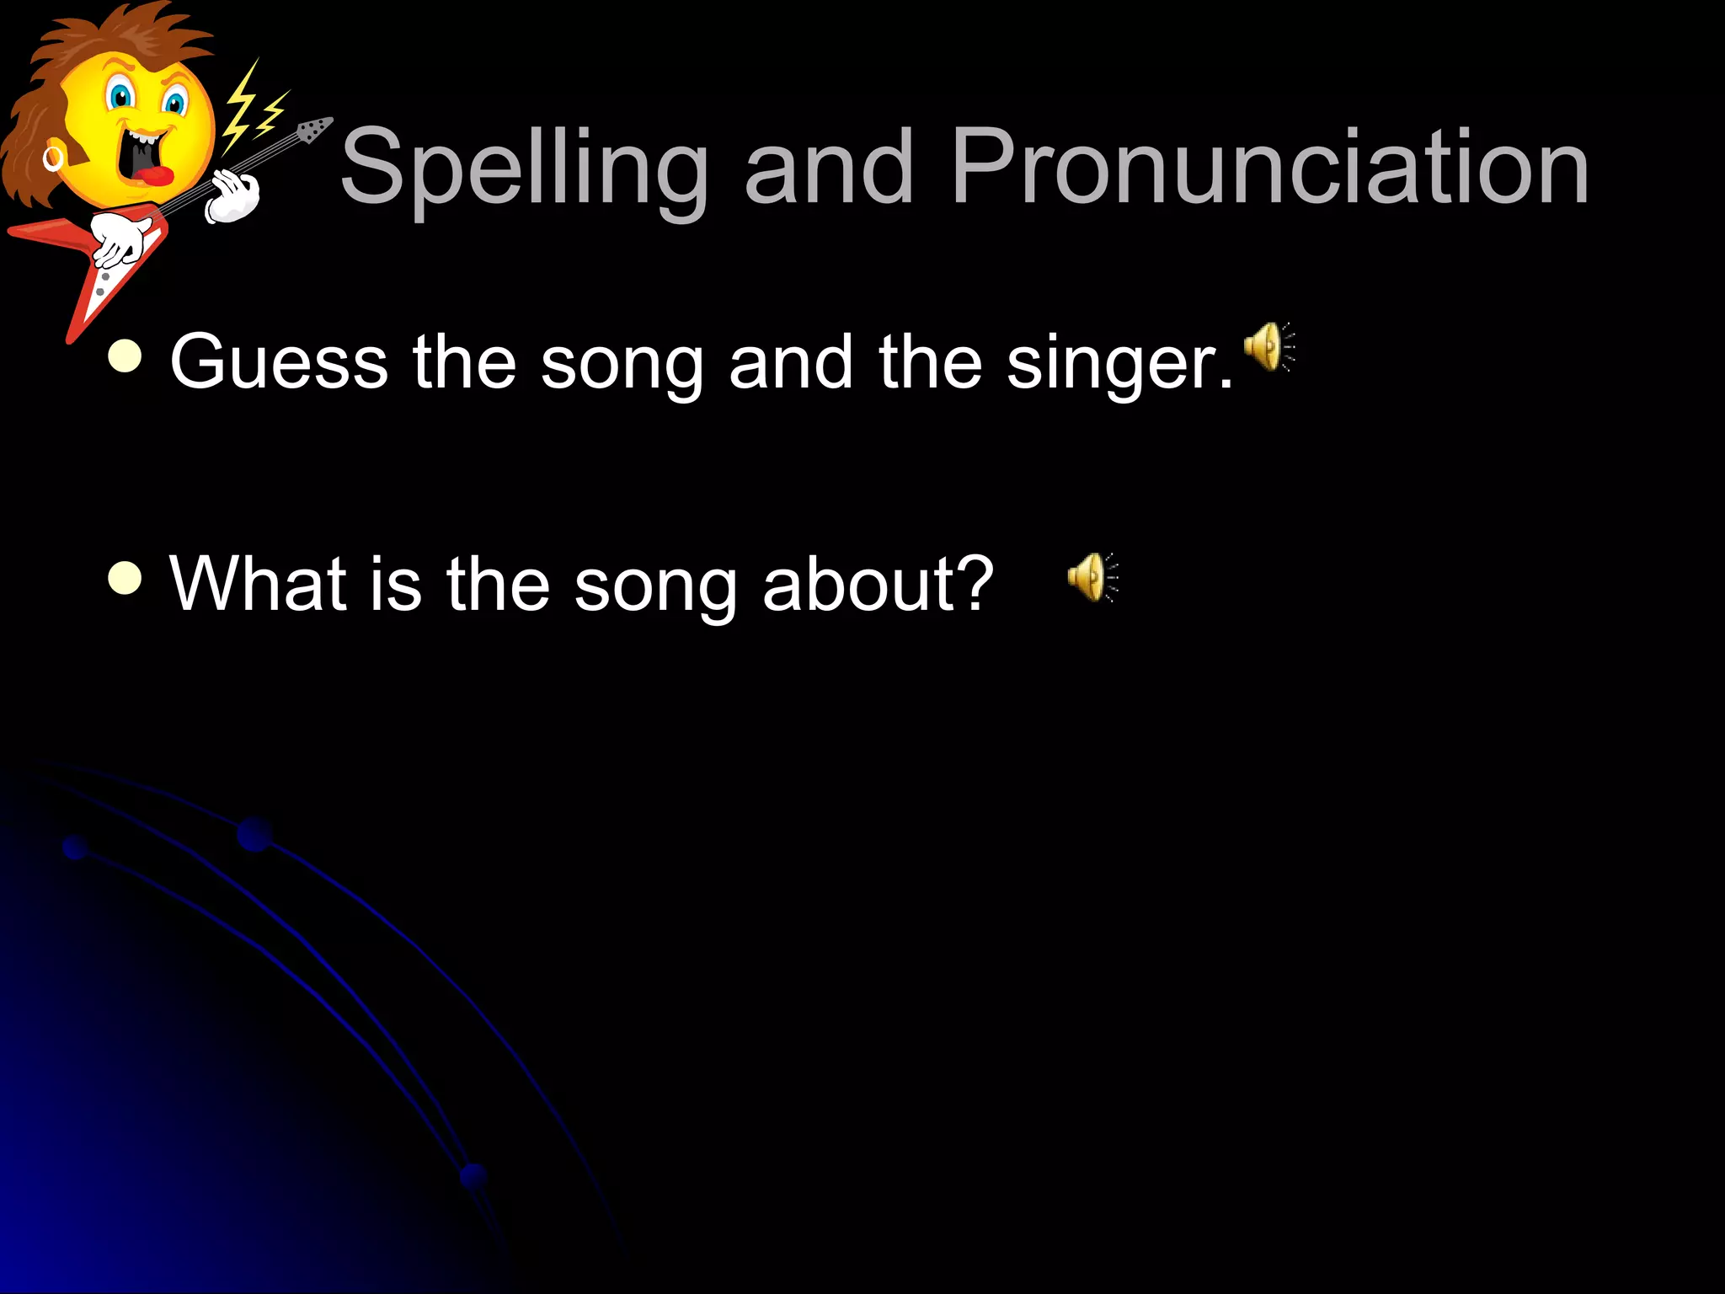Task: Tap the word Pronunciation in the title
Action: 1269,168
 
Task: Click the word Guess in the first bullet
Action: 279,362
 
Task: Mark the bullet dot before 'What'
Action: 126,579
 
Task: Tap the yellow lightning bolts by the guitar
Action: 253,110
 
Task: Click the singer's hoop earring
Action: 53,158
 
